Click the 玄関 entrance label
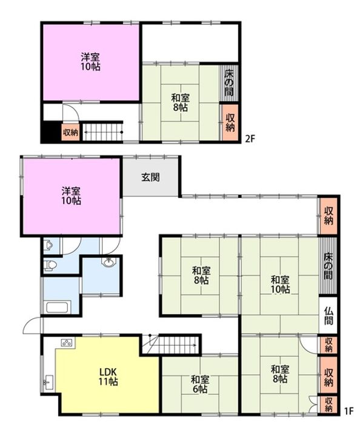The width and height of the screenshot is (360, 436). click(x=150, y=177)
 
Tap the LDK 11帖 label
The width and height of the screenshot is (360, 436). click(x=108, y=377)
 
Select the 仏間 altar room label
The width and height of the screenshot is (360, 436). click(x=328, y=316)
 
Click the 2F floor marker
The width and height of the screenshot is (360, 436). click(x=250, y=138)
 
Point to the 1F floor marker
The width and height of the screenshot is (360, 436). click(x=348, y=411)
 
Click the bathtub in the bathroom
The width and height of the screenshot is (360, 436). click(x=57, y=307)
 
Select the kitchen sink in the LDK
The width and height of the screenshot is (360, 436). click(x=48, y=382)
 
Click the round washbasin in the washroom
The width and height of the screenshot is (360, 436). click(x=108, y=262)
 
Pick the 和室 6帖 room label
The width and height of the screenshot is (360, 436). click(x=200, y=384)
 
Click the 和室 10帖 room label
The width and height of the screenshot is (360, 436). click(x=281, y=284)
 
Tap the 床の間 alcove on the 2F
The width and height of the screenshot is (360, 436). click(x=229, y=83)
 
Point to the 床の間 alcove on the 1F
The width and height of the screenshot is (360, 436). click(x=328, y=266)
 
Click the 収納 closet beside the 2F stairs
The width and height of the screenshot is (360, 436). click(x=70, y=133)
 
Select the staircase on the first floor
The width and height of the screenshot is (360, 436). click(x=171, y=345)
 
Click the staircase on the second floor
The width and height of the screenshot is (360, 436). click(x=103, y=131)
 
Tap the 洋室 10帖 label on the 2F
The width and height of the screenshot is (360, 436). click(x=90, y=62)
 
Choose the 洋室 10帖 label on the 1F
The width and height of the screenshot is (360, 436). click(x=72, y=196)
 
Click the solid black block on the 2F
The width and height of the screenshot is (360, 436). click(x=51, y=131)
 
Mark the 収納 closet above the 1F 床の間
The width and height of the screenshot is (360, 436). click(x=328, y=216)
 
